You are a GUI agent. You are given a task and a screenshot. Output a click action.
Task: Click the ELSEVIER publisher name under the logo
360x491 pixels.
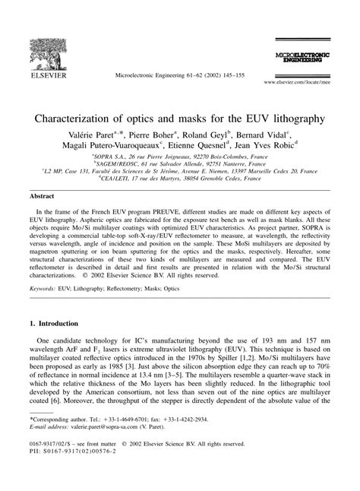click(37, 76)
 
